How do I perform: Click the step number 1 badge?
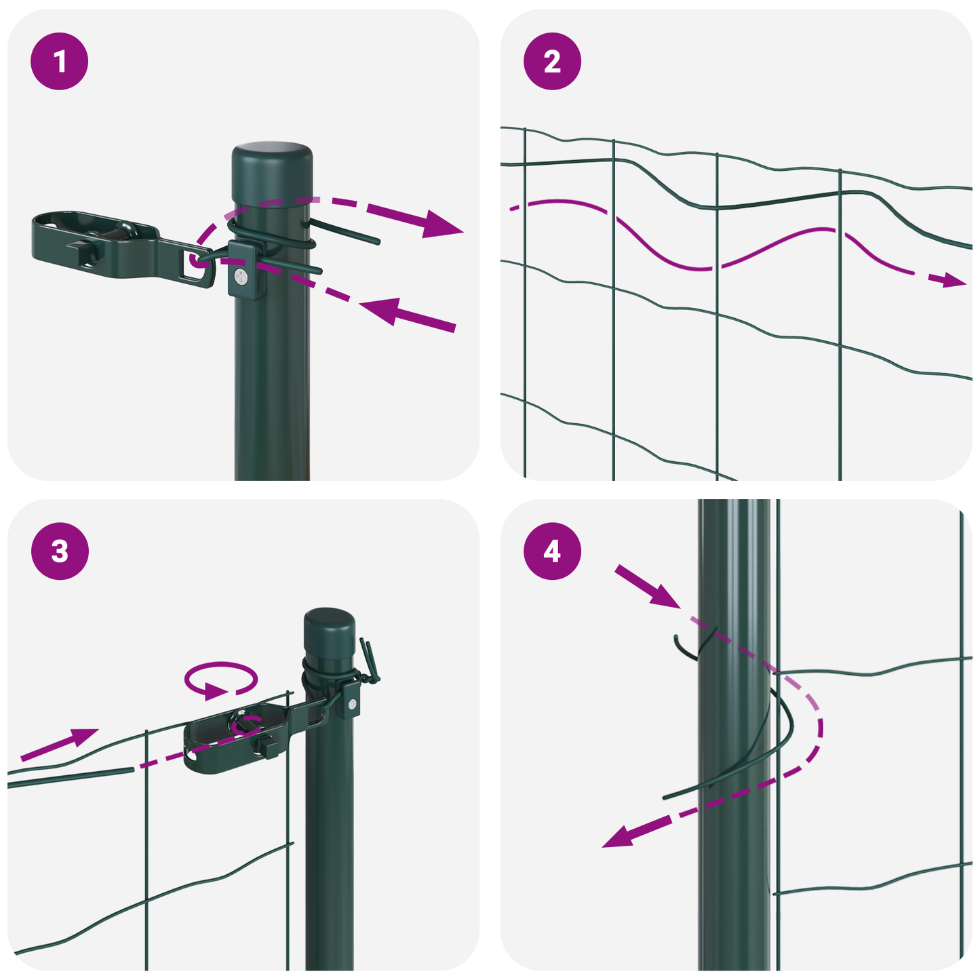click(60, 62)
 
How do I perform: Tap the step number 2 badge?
click(552, 62)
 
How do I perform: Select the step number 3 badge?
click(60, 551)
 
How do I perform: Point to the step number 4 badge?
click(552, 551)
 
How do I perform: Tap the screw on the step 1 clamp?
click(241, 275)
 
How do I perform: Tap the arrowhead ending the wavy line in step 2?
click(955, 279)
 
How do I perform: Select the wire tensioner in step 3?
click(237, 736)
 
